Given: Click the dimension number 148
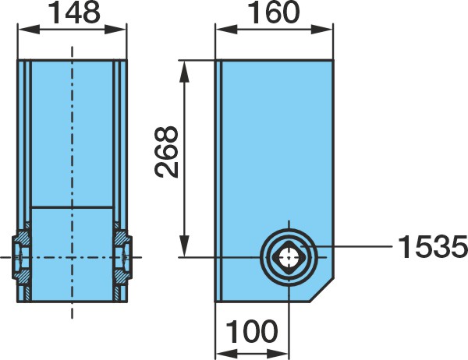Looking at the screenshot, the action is (x=74, y=12).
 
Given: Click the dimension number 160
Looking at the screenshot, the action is (x=274, y=12).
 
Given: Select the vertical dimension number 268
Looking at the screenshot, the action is (x=167, y=153).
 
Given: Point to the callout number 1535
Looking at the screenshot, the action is (x=433, y=247).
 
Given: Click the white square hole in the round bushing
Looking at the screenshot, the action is (x=289, y=257).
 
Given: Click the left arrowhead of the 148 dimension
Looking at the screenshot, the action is (x=29, y=30).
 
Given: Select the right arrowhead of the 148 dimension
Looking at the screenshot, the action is (x=115, y=30).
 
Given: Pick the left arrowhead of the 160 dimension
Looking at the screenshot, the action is (x=226, y=30).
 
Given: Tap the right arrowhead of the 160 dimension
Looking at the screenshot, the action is (x=322, y=30).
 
